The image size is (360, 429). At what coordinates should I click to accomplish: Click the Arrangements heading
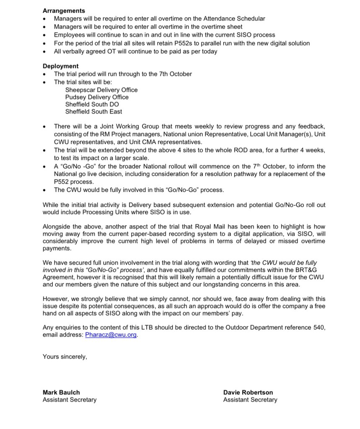(64, 11)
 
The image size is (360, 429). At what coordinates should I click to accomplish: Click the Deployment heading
(60, 66)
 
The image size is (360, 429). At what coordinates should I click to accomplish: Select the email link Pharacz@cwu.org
(111, 335)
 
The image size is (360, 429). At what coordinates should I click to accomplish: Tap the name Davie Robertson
(248, 393)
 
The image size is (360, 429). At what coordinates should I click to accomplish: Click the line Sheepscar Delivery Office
(101, 90)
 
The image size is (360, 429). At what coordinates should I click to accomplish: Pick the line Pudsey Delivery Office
(97, 97)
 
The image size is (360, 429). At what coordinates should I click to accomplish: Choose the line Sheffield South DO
(92, 104)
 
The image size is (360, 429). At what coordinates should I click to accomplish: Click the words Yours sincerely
(65, 357)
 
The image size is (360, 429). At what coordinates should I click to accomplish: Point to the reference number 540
(319, 328)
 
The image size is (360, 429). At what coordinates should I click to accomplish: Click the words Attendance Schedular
(234, 18)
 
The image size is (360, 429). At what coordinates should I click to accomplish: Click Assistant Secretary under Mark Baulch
(70, 400)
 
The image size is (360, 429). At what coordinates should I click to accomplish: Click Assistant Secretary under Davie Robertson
(250, 400)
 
